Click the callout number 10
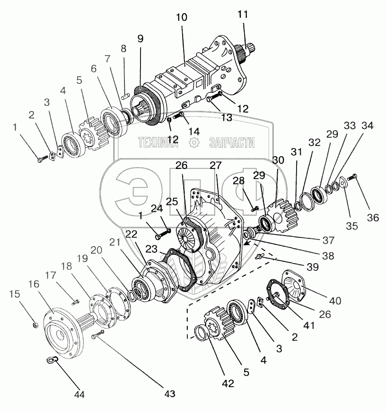(182, 17)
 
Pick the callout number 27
(215, 165)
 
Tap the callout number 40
(335, 301)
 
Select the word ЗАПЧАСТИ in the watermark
(231, 143)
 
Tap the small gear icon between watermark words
(194, 143)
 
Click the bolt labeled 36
(353, 176)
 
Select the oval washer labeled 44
(52, 361)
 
